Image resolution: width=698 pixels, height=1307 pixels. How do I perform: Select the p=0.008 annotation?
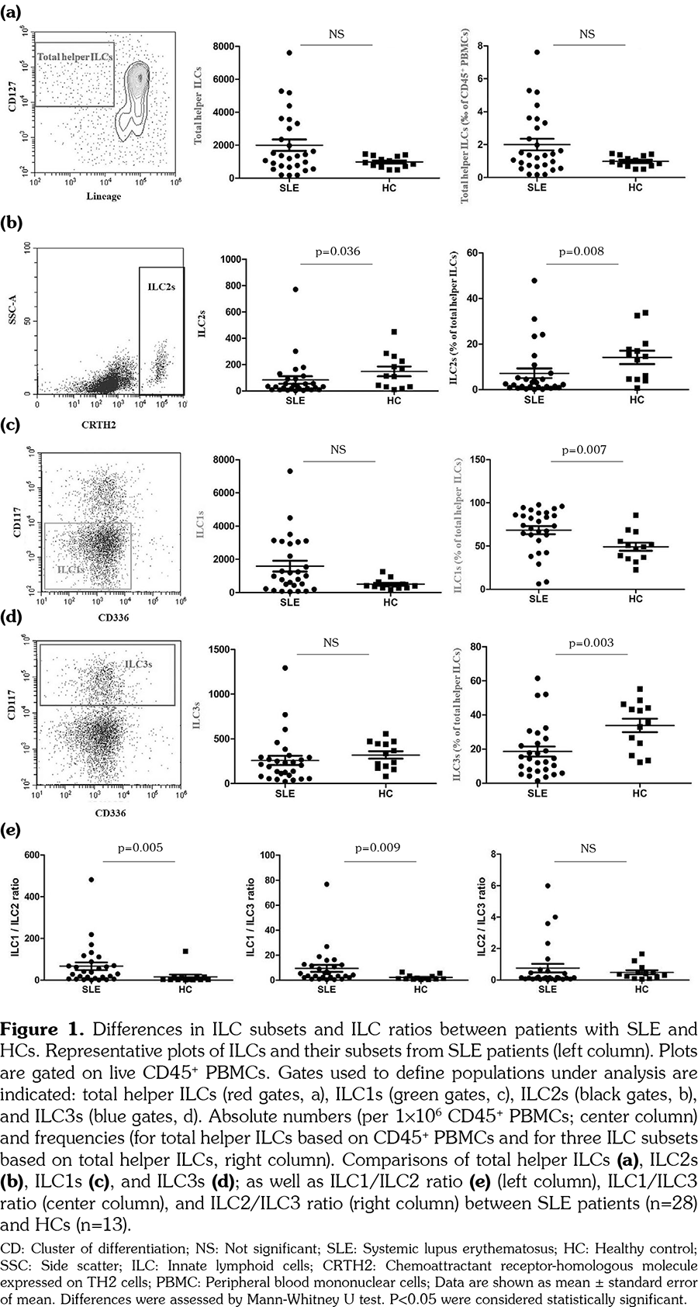582,251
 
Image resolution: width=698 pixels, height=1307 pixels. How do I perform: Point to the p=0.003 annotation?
592,642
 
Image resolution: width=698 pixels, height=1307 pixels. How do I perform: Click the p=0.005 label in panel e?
140,848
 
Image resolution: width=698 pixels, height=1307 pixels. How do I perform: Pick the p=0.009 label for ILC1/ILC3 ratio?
378,848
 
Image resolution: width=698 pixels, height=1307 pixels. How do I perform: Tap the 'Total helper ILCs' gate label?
74,57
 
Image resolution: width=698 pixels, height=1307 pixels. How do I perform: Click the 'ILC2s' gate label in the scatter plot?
161,287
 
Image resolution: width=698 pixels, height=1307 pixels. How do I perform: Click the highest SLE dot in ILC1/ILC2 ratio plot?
92,880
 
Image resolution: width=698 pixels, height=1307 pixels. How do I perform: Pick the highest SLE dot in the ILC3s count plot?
285,668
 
